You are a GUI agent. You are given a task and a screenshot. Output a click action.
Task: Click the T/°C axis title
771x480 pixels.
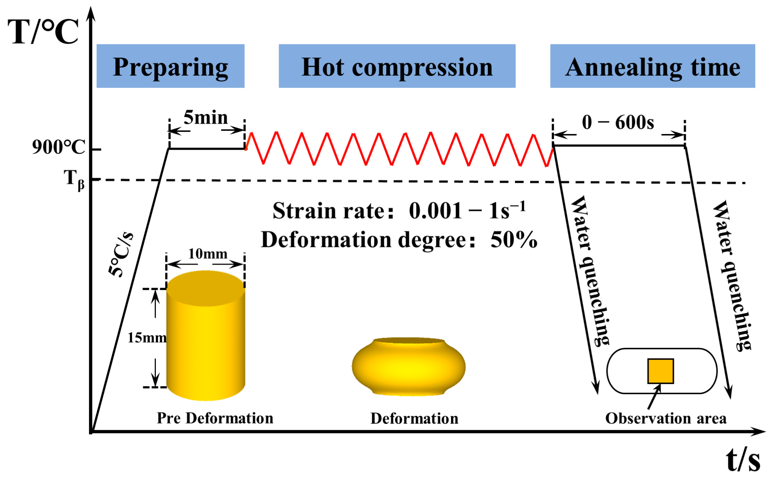43,32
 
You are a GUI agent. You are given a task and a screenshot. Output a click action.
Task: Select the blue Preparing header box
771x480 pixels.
170,66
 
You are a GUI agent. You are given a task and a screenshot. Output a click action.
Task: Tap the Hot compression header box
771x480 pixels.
397,66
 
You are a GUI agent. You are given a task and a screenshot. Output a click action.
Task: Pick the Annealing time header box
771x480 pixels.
652,66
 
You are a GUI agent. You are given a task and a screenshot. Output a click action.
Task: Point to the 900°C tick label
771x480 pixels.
58,147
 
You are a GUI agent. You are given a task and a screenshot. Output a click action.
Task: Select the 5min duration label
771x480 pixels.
206,117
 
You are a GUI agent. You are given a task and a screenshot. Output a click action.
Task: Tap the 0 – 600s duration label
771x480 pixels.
618,122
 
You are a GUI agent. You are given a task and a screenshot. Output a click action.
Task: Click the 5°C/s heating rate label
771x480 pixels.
120,254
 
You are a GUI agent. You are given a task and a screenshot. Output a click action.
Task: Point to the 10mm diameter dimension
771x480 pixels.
208,254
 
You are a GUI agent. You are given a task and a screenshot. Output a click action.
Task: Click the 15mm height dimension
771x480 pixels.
147,338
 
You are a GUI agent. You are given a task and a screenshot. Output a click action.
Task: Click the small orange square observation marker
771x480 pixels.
661,371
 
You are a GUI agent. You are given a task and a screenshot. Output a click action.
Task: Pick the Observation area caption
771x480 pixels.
666,418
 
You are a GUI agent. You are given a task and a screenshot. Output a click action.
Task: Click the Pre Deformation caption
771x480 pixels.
215,418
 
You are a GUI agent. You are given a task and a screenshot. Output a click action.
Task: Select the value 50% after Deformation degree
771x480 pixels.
514,240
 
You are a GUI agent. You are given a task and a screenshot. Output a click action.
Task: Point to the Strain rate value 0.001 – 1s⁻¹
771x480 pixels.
467,211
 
